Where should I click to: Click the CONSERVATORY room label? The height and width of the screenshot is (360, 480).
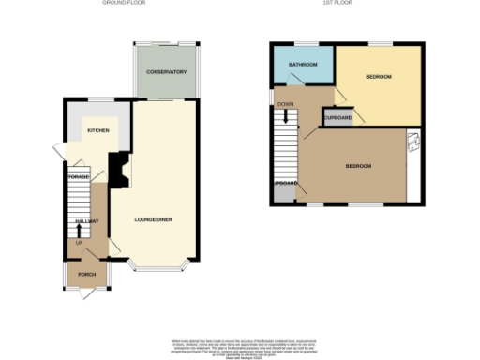pyautogui.click(x=167, y=72)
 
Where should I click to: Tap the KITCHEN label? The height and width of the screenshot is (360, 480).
pyautogui.click(x=97, y=130)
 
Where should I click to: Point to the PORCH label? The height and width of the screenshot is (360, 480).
pyautogui.click(x=87, y=275)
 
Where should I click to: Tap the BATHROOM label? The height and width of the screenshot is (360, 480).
pyautogui.click(x=302, y=65)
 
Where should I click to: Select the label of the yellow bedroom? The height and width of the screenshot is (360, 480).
pyautogui.click(x=378, y=76)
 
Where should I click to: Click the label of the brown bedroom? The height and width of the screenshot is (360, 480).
pyautogui.click(x=358, y=166)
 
